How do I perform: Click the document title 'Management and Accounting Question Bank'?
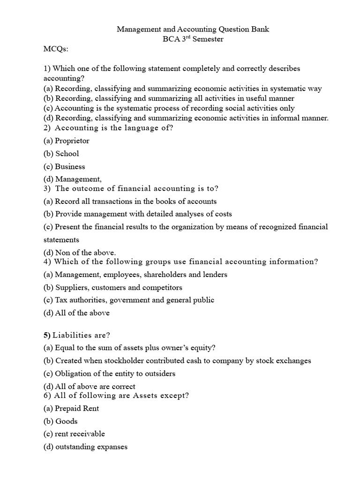click(193, 30)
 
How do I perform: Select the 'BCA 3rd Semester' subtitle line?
click(193, 39)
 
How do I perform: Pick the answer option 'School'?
click(61, 153)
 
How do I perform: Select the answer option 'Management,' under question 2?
click(73, 179)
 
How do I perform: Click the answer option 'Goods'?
click(61, 421)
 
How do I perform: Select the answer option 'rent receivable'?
click(74, 434)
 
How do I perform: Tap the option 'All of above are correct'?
click(90, 386)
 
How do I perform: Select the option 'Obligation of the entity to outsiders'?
click(110, 374)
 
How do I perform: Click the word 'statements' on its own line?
click(61, 240)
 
